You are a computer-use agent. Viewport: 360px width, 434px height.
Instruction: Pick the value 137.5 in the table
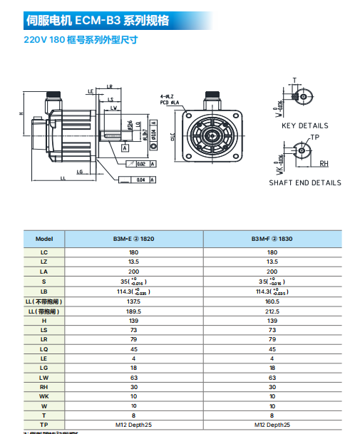(133, 301)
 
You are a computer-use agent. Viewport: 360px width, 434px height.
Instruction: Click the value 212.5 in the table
(272, 311)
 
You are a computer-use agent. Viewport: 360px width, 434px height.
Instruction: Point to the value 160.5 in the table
(272, 301)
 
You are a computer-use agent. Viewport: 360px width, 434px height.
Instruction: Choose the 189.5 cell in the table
(133, 311)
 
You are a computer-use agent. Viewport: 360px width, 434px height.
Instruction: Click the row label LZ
(44, 262)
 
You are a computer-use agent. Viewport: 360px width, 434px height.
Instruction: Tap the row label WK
(44, 396)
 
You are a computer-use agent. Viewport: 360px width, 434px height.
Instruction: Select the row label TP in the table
(44, 425)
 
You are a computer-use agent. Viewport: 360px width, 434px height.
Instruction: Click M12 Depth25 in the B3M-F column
(272, 425)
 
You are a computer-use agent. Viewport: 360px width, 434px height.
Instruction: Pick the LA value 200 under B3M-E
(133, 272)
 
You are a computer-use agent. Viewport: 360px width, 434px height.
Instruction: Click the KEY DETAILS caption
(304, 125)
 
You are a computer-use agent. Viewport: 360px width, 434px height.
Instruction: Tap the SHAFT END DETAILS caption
(304, 182)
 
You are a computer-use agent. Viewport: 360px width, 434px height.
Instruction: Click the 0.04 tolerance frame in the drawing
(140, 179)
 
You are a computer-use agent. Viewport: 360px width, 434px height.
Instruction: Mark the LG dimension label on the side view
(81, 172)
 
